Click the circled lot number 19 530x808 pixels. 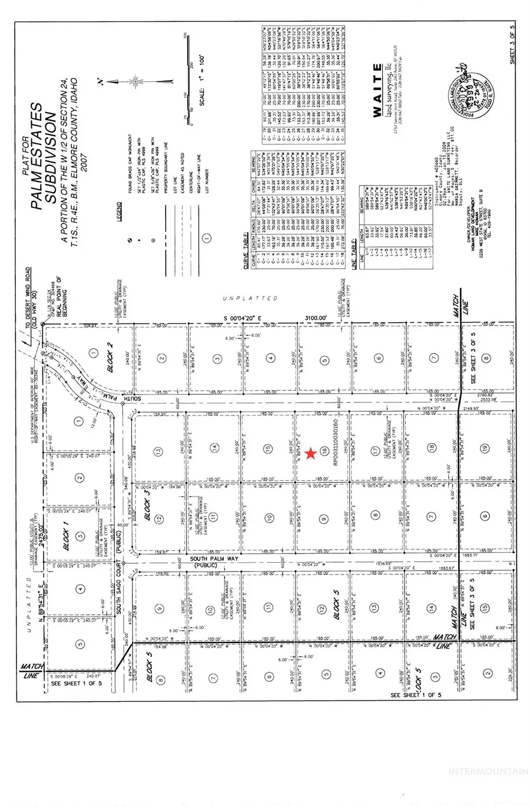485,448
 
